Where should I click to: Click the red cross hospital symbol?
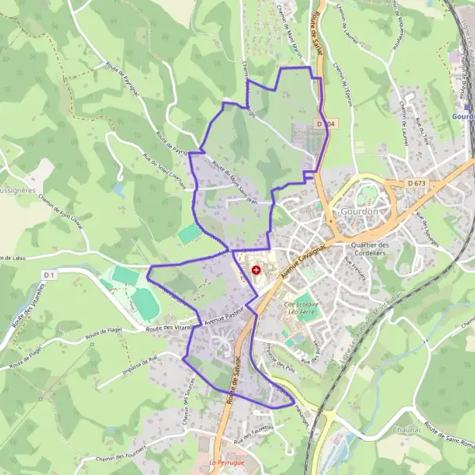pyautogui.click(x=255, y=271)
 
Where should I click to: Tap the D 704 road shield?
pyautogui.click(x=325, y=124)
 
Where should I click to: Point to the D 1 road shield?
pyautogui.click(x=50, y=275)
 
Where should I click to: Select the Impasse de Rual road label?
pyautogui.click(x=143, y=360)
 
